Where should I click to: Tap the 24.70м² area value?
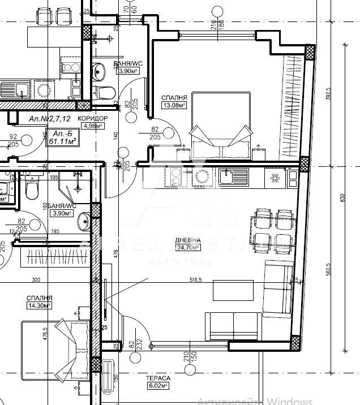click(188, 247)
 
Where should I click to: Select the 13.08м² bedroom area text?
click(173, 105)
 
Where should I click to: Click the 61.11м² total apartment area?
click(62, 140)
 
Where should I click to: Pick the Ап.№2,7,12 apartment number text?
click(50, 119)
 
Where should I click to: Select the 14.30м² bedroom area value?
click(38, 305)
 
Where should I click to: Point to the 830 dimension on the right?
click(342, 197)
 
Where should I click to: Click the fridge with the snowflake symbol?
click(274, 178)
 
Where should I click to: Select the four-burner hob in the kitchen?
click(173, 177)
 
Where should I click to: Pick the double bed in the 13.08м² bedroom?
click(220, 126)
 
